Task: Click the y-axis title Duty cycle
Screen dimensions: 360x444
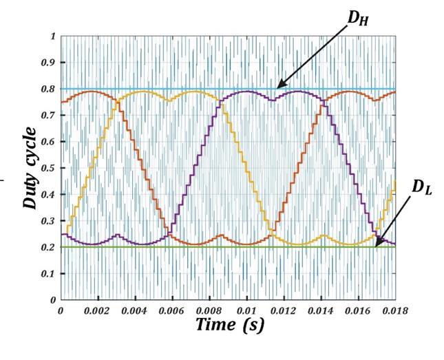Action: (x=30, y=167)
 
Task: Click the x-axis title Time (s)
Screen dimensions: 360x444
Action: (x=230, y=325)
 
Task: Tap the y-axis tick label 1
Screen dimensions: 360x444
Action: (x=54, y=36)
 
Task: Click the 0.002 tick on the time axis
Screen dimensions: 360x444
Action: (x=98, y=310)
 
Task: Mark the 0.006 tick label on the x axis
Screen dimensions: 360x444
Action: (x=173, y=310)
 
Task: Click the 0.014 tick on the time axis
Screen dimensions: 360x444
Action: (x=322, y=310)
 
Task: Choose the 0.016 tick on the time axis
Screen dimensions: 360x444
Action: (x=359, y=310)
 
